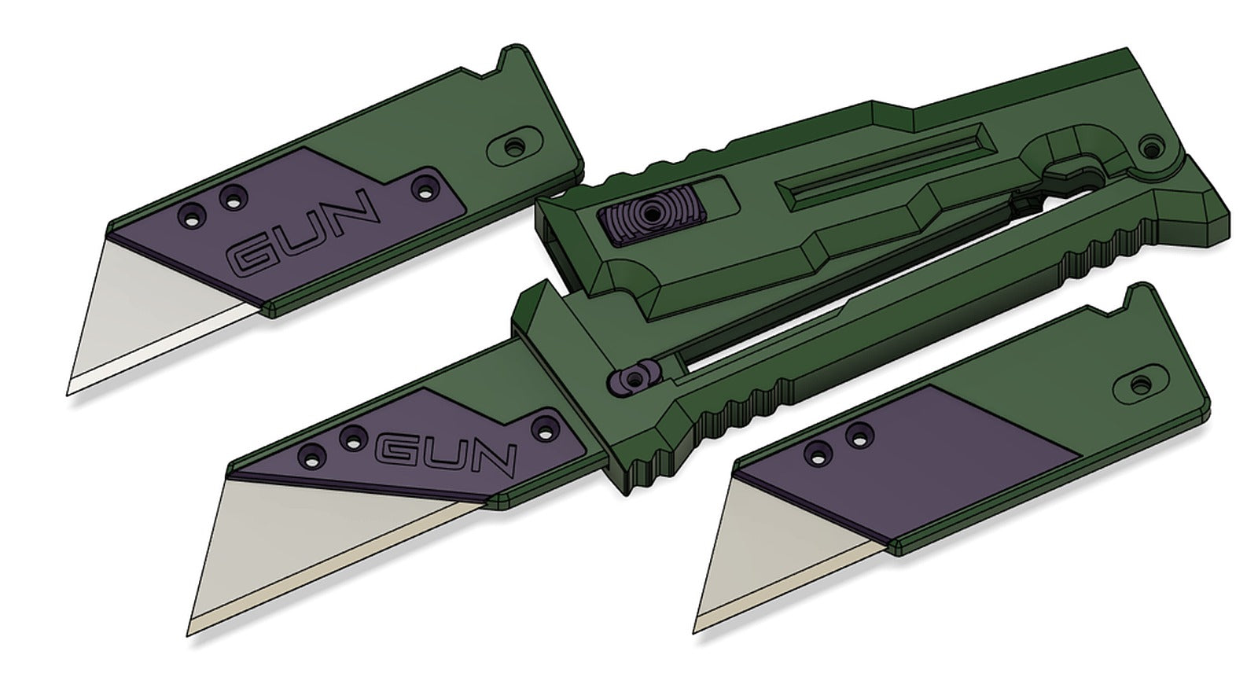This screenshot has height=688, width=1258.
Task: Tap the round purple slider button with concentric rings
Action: click(649, 212)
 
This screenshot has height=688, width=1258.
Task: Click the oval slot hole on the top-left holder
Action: click(515, 146)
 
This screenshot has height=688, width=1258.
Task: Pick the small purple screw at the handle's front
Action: click(630, 380)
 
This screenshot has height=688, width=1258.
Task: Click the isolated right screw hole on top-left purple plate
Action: click(427, 187)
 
